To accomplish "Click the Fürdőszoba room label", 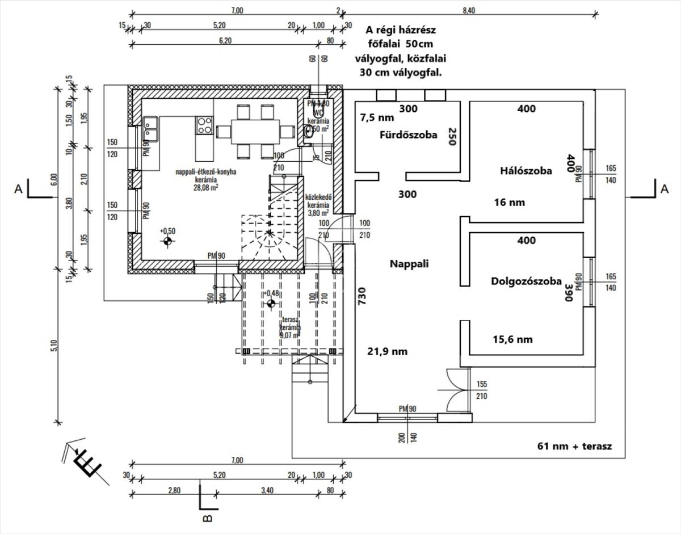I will point(409,135).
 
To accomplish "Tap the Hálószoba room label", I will point(526,171).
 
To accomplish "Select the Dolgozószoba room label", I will point(526,281).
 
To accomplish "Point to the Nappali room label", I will point(409,264).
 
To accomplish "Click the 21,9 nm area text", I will point(388,352).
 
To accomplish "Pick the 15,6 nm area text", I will point(512,339).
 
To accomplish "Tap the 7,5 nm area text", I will point(377,118).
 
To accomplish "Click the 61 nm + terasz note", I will point(574,446).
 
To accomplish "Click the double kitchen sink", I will point(151,129).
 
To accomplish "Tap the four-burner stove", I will point(204,125).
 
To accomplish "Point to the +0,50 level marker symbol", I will point(167,242).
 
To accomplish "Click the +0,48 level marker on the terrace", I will point(271,304).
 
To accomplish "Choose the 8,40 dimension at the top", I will point(469,10).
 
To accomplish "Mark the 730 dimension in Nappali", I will point(362,296).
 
